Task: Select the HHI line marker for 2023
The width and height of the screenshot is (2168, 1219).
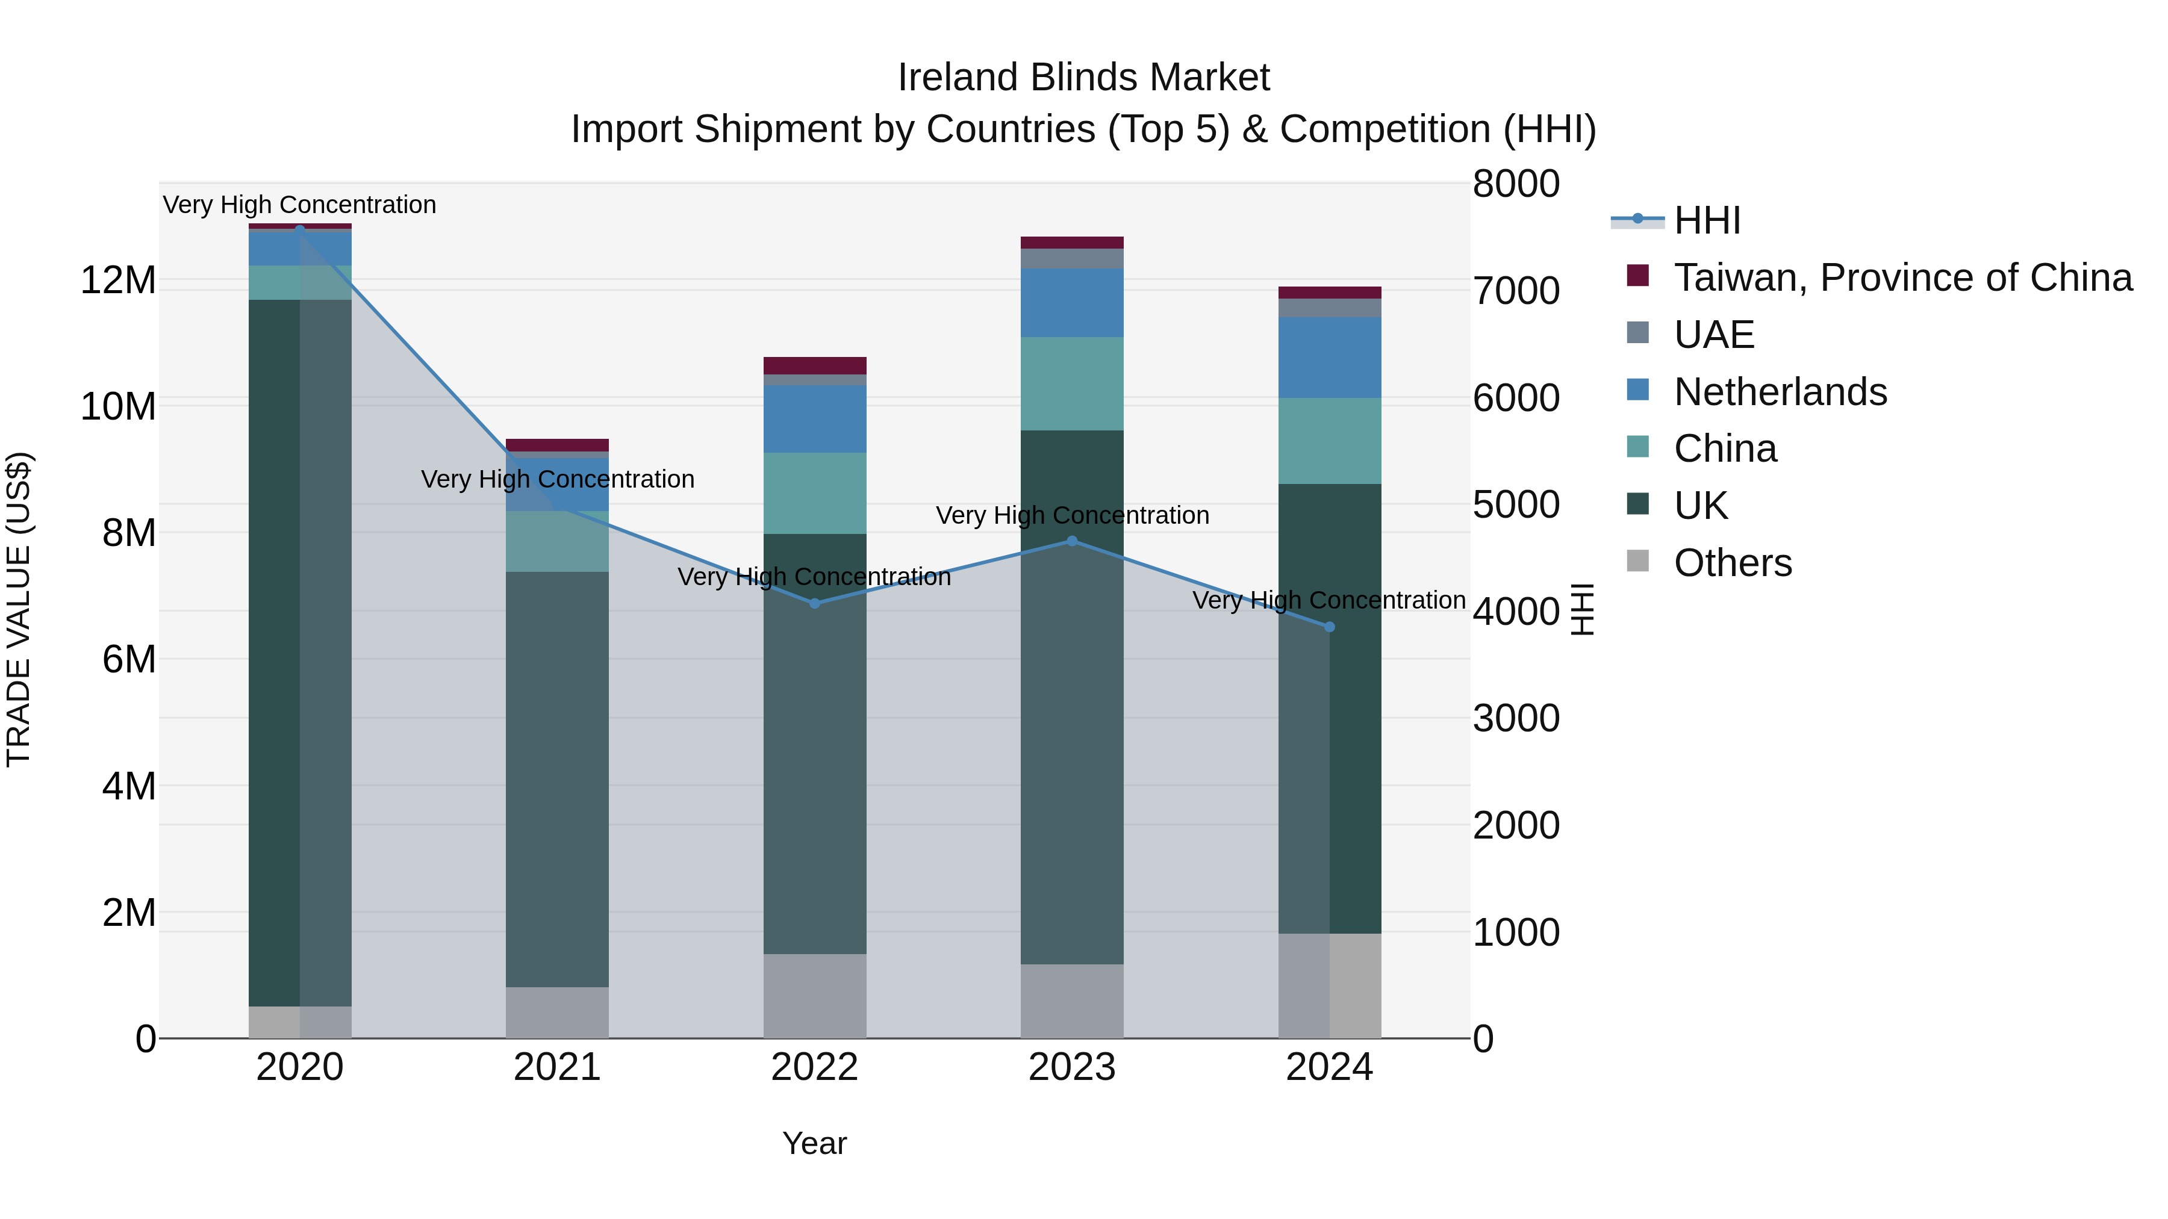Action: (1071, 541)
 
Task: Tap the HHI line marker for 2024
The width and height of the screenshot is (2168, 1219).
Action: (1329, 627)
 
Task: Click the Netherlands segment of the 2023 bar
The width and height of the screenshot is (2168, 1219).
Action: (1071, 303)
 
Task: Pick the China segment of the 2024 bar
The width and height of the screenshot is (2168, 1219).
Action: (1329, 441)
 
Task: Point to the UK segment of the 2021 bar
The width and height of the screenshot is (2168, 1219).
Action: (556, 778)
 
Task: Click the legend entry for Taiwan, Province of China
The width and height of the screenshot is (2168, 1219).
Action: (1902, 278)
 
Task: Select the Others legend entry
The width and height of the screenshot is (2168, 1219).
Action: (1732, 563)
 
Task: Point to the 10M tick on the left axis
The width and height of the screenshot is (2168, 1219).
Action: (118, 406)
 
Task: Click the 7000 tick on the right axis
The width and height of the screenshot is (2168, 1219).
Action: (1516, 291)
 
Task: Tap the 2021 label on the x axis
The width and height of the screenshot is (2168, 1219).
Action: (556, 1067)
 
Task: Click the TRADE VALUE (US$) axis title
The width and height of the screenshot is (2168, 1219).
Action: (19, 609)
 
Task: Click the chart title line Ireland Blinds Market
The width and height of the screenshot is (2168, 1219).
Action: (1083, 78)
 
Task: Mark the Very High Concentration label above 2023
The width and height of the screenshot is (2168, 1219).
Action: (1071, 515)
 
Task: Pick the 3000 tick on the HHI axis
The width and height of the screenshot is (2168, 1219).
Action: (1516, 718)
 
